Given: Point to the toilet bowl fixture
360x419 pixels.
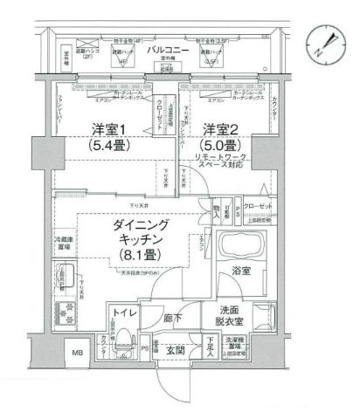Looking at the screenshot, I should point(125,339).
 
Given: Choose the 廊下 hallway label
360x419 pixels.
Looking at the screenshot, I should point(172,319).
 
